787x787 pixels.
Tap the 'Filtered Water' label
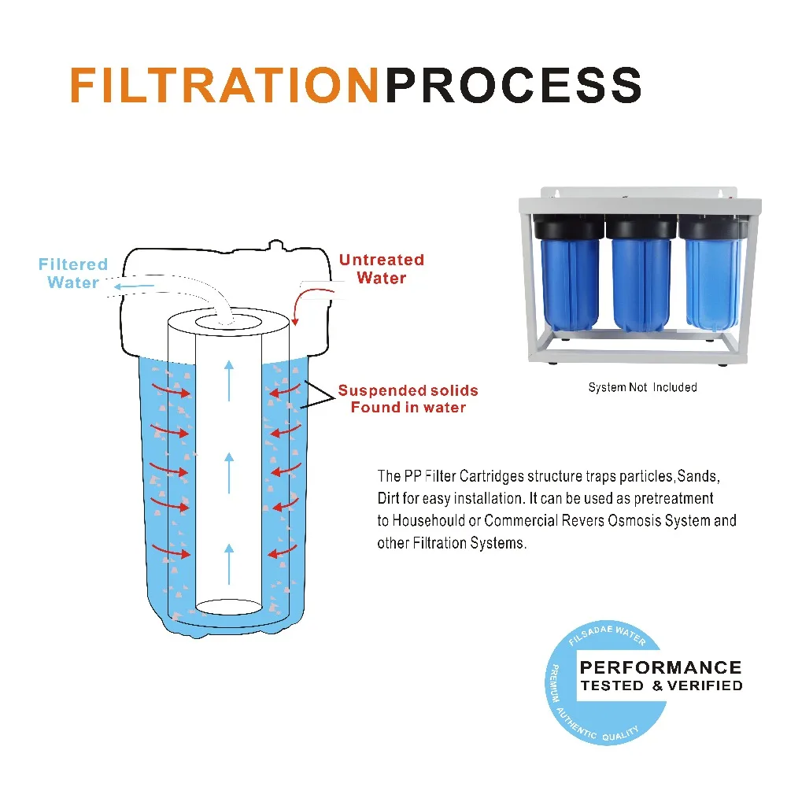coord(72,273)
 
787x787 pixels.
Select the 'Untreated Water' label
coord(382,268)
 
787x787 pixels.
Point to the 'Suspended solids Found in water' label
coord(408,399)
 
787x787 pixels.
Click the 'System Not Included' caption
coord(642,387)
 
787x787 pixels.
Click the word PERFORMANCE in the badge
coord(660,667)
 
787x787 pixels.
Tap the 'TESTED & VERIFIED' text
coord(660,685)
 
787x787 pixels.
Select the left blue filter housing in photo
coord(571,283)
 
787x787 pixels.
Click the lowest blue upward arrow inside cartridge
coord(229,563)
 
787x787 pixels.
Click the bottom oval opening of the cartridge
coord(228,606)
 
